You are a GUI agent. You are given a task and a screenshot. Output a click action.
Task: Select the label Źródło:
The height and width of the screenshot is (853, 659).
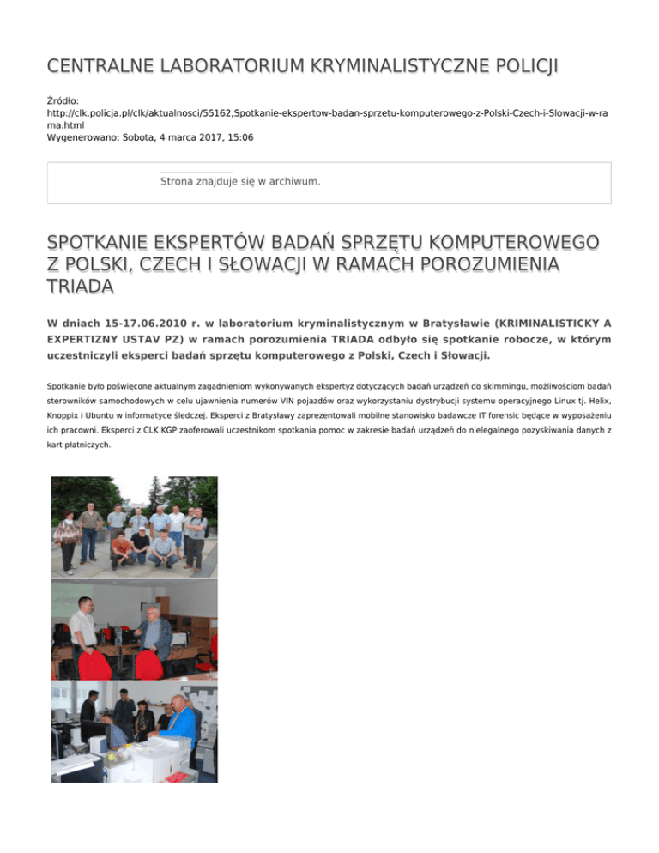[63, 100]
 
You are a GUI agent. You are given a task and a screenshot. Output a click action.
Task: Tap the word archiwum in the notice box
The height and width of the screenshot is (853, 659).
[294, 182]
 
